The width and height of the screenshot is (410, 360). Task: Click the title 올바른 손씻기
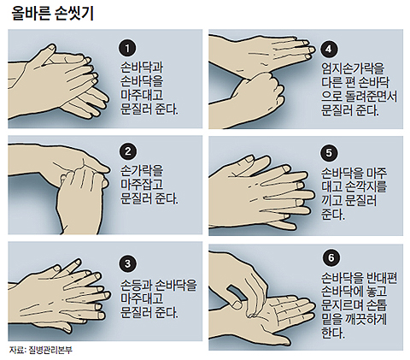point(53,13)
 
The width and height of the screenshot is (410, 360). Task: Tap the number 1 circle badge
point(127,48)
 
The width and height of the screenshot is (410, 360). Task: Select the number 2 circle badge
point(127,151)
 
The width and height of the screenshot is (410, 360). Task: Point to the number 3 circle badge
point(127,263)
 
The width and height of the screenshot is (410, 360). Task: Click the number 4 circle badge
point(329,49)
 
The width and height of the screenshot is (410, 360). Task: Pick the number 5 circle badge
point(329,153)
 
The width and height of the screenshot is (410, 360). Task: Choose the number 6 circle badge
point(331,257)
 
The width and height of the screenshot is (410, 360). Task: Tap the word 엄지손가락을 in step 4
point(353,68)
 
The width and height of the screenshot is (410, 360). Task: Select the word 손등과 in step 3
point(137,285)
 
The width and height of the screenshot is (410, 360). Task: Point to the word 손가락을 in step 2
point(142,171)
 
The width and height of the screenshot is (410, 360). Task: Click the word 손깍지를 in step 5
point(366,186)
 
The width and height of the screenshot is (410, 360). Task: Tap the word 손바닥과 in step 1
point(142,68)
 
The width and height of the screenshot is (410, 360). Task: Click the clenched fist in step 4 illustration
point(261,92)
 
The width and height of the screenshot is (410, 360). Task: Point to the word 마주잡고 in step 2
point(142,185)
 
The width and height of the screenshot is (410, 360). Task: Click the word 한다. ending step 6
point(333,333)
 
